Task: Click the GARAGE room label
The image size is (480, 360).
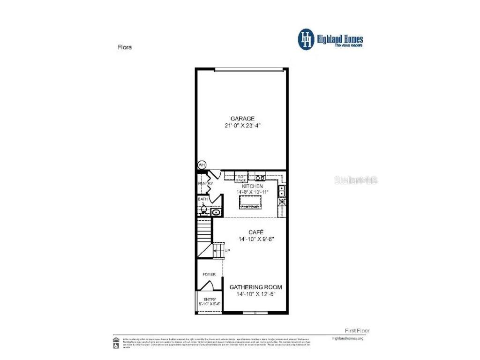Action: coord(242,119)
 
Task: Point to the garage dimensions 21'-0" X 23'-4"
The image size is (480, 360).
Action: coord(242,126)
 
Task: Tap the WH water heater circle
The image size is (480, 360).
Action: coord(202,165)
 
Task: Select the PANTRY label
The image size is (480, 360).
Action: coord(205,184)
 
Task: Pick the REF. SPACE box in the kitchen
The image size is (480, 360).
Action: coord(241,178)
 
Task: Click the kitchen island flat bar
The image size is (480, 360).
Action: coord(251,202)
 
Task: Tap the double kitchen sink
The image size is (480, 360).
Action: coord(282,192)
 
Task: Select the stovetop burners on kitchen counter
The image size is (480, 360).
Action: coord(259,177)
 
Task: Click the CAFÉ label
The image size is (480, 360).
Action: coord(255,232)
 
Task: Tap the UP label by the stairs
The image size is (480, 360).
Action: coord(227,251)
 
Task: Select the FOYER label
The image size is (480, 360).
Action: coord(209,274)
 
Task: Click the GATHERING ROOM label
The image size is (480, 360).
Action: coord(255,287)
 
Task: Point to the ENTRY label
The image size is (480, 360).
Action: coord(209,299)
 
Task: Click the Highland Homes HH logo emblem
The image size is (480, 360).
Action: coord(307,39)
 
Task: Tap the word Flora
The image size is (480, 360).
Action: coord(124,47)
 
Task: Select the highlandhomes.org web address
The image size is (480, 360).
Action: coord(347,338)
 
